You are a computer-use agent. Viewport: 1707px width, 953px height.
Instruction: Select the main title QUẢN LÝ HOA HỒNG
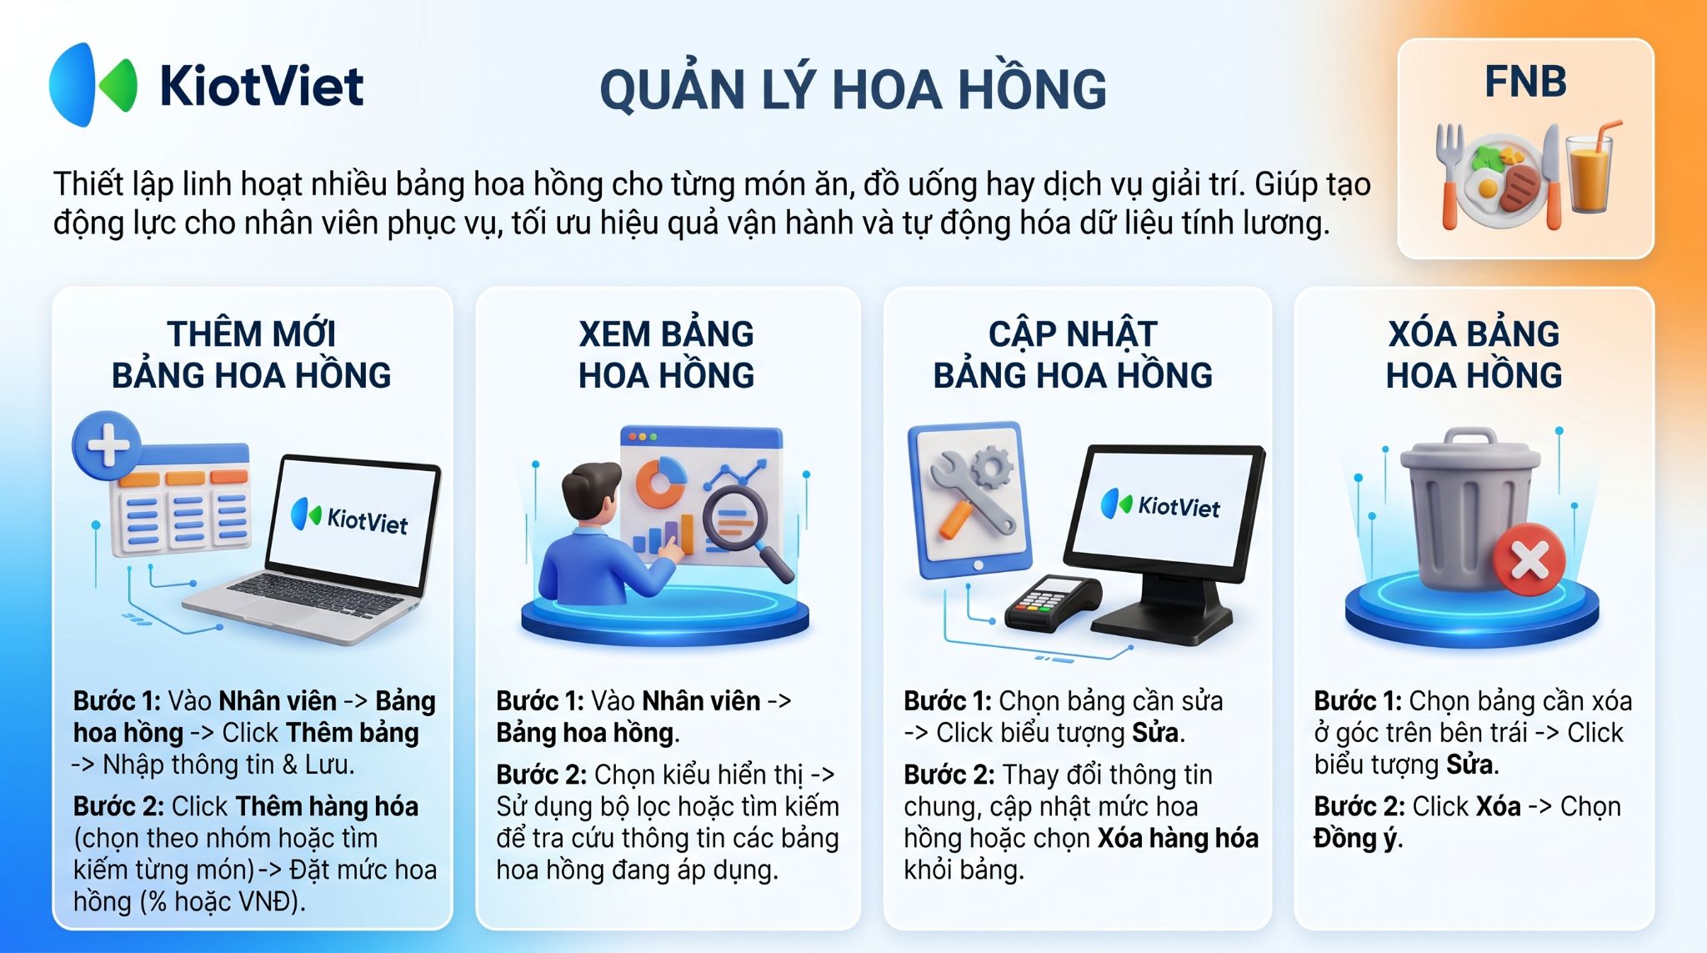tap(853, 90)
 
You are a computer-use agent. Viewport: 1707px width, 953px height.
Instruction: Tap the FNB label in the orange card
tap(1525, 82)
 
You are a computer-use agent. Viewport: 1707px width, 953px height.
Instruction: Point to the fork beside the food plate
tap(1450, 175)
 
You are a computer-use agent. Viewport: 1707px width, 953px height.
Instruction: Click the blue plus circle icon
tap(107, 444)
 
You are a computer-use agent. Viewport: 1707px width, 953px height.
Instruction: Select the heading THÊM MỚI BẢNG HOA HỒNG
tap(252, 354)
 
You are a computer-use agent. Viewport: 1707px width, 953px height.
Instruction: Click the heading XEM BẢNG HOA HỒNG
tap(667, 354)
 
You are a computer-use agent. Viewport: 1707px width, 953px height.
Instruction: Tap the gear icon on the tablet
tap(992, 467)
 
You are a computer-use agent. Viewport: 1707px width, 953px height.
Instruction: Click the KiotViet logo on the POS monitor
tap(1160, 505)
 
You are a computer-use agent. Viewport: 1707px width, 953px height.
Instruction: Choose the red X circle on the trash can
tap(1529, 559)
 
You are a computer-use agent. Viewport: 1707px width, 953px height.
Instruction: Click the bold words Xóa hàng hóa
tap(1178, 838)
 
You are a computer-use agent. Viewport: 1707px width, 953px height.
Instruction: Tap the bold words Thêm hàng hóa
tap(327, 806)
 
